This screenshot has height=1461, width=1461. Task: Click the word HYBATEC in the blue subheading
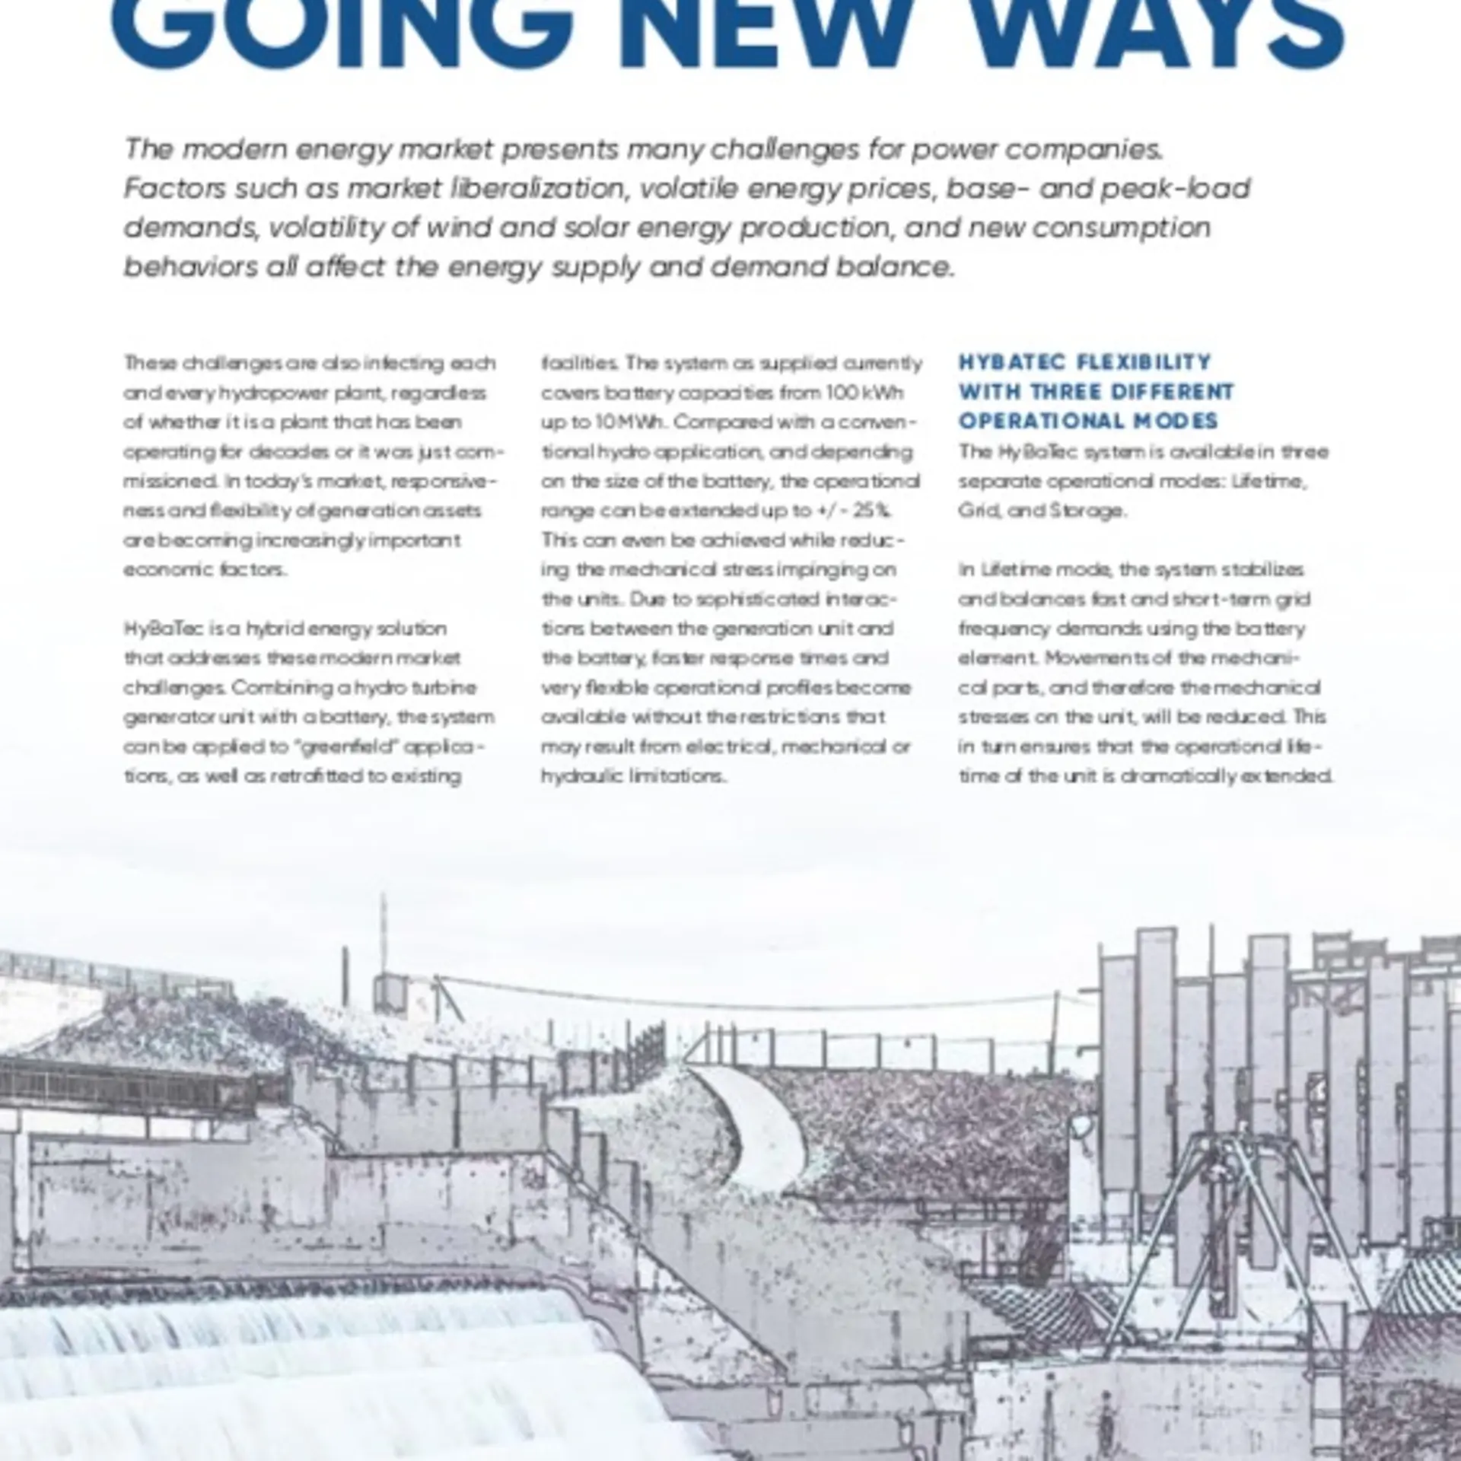(1010, 362)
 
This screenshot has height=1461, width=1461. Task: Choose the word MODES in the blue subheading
(1177, 421)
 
